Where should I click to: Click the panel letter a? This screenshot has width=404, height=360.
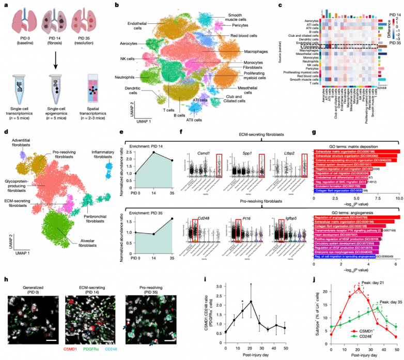tap(5, 5)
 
